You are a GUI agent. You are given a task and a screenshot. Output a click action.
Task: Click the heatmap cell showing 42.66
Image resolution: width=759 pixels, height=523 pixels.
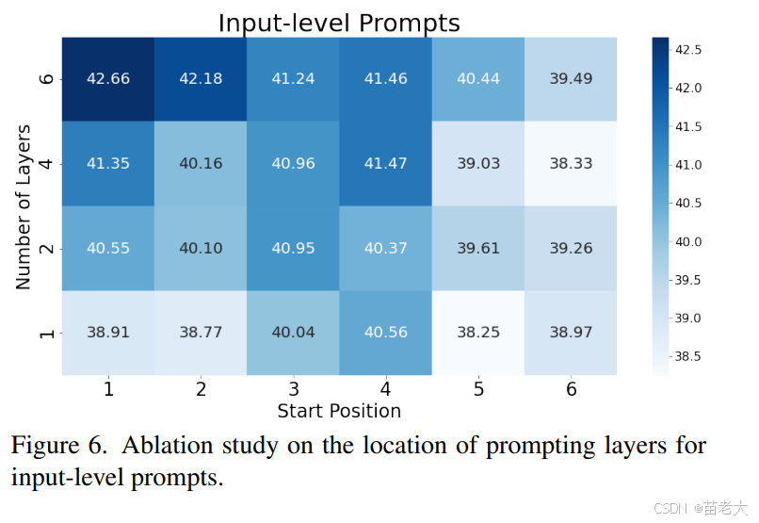tap(108, 79)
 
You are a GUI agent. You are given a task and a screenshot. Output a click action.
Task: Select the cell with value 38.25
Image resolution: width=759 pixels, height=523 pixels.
tap(478, 333)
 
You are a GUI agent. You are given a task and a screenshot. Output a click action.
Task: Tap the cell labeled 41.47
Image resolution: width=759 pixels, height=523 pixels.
tap(386, 163)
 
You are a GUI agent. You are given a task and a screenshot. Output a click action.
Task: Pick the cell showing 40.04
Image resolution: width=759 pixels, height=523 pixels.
tap(294, 333)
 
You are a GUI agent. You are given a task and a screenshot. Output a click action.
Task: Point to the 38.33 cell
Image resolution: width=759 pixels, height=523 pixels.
tap(571, 163)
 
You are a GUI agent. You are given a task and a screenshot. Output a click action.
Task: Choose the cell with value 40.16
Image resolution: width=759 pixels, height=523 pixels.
tap(201, 163)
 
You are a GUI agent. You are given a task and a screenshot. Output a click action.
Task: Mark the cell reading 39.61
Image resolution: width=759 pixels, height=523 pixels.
tap(478, 248)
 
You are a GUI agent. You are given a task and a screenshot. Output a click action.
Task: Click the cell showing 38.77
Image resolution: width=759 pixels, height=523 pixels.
tap(201, 333)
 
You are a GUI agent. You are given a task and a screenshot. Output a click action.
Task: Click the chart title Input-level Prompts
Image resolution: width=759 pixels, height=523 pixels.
tap(339, 23)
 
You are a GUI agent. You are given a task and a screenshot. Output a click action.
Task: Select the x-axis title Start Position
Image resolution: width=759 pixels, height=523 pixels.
tap(339, 411)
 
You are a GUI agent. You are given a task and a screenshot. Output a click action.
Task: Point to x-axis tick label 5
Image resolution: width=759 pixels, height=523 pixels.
tap(478, 389)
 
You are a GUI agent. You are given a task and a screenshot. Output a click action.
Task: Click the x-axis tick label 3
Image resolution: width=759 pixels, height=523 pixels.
tap(294, 389)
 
